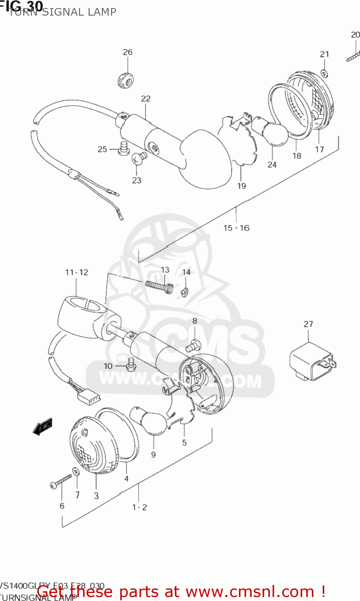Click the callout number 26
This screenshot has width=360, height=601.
tap(127, 52)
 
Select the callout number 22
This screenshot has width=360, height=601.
tap(146, 99)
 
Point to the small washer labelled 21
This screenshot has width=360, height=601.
tap(324, 73)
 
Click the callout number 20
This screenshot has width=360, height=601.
tap(355, 35)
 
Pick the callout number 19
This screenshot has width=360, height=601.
tap(242, 186)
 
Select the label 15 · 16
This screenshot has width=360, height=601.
tap(236, 228)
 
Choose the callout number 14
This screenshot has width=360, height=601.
tap(186, 272)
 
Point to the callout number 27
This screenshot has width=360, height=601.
tap(308, 324)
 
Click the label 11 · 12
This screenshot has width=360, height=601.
tap(77, 272)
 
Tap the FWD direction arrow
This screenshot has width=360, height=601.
tap(42, 427)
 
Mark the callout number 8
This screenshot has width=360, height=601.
tap(195, 321)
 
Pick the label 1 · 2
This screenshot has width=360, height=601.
tap(140, 507)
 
